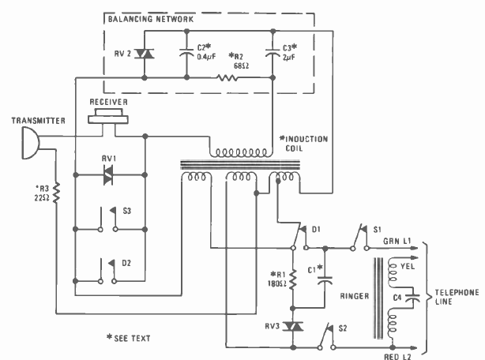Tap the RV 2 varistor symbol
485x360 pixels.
coord(145,54)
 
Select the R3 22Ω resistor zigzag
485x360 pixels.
coord(57,193)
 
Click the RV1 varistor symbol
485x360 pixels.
coord(108,178)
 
